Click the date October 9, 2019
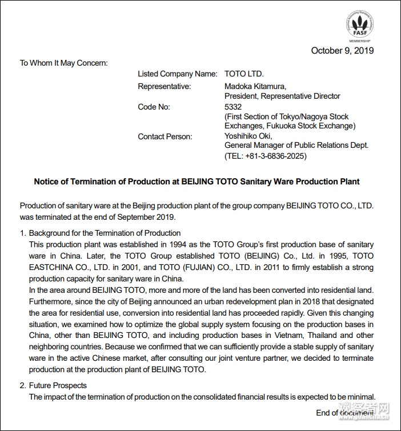coord(342,51)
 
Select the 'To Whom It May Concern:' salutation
coord(64,63)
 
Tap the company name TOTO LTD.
coord(244,74)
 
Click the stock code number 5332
coord(234,107)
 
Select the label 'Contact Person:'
coord(165,136)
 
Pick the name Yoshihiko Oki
coord(248,136)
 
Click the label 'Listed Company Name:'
coord(178,74)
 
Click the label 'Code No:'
coord(154,107)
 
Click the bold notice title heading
coord(197,182)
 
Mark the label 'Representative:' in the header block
coord(165,86)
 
